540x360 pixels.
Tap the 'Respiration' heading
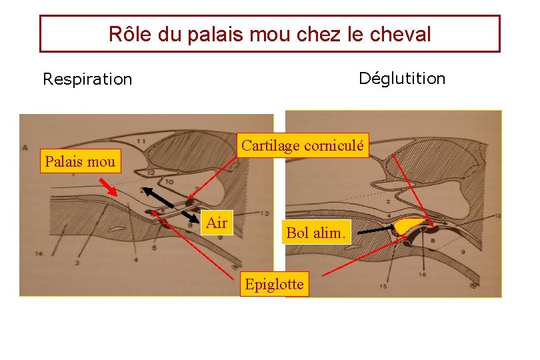[87, 79]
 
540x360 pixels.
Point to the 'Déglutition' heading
[401, 79]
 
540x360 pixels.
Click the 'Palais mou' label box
[80, 161]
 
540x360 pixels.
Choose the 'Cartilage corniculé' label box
[303, 145]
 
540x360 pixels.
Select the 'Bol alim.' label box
[316, 233]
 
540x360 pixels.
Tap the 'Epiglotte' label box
[274, 285]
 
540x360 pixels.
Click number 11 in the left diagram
[141, 141]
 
